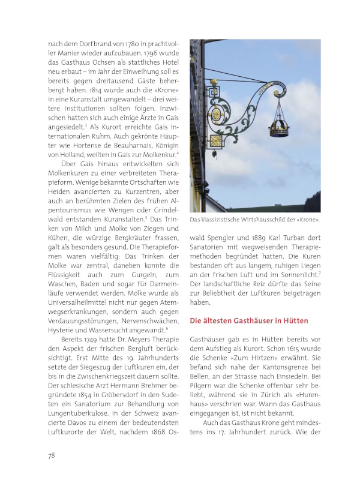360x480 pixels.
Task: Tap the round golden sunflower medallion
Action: pyautogui.click(x=215, y=113)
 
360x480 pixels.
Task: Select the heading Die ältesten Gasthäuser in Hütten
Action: pyautogui.click(x=253, y=321)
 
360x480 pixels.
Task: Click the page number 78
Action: pyautogui.click(x=52, y=455)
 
